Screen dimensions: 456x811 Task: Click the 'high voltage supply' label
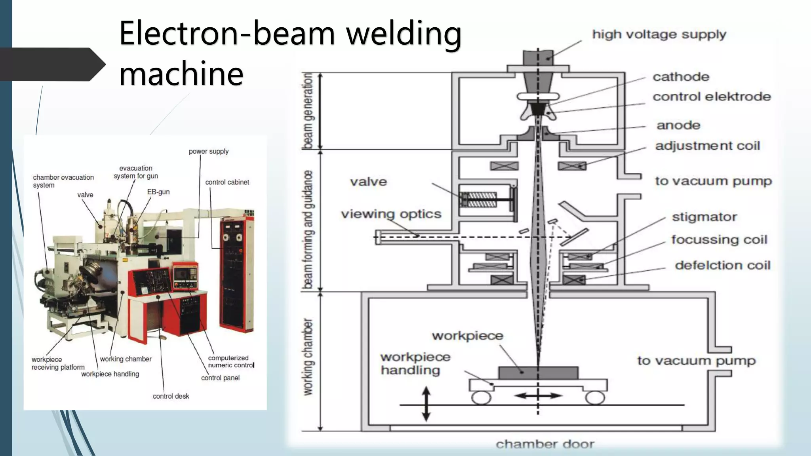[659, 35]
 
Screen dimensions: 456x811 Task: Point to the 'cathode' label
[681, 77]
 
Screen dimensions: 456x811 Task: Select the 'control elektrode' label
[712, 97]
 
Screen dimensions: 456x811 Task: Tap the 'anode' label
[678, 125]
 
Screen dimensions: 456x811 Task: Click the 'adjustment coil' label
[708, 146]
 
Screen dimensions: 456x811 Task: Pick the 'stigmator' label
[704, 217]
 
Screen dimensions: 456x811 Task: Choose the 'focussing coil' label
[719, 239]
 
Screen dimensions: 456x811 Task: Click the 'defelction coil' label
[723, 265]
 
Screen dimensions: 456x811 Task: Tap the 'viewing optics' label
[391, 214]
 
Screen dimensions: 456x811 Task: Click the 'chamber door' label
[545, 444]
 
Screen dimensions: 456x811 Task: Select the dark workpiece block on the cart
[538, 372]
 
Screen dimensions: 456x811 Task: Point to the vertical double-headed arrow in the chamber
[426, 404]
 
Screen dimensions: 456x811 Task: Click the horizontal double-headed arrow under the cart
[538, 395]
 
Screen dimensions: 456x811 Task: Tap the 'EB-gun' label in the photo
[158, 192]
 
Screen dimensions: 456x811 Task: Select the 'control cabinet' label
[227, 182]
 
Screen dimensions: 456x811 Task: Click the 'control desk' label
[171, 396]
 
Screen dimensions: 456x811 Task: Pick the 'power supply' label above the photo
[208, 152]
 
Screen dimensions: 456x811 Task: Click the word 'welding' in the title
[404, 33]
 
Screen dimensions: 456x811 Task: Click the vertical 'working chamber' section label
[308, 357]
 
